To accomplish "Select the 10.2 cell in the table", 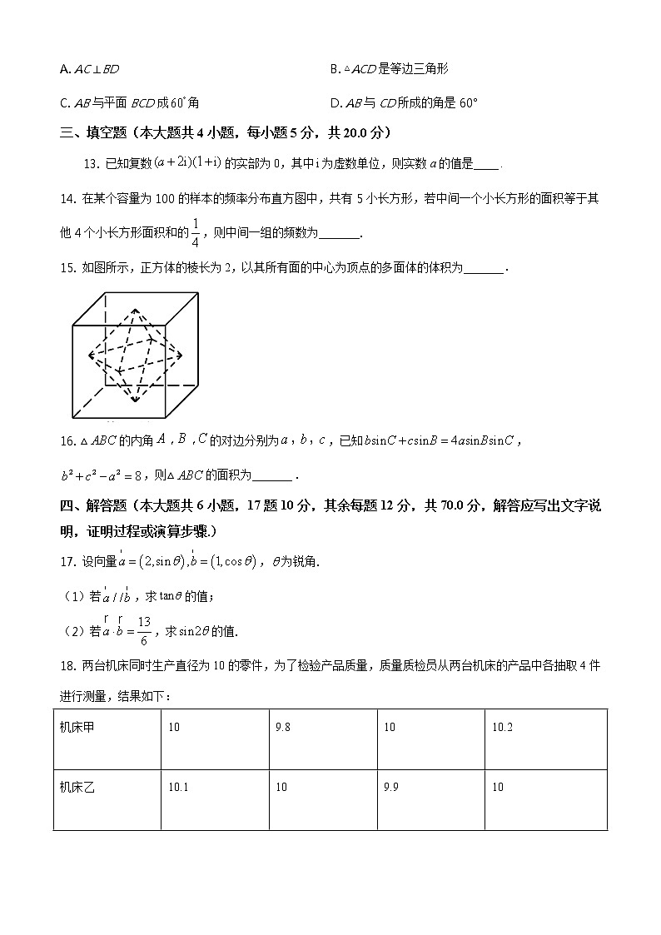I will click(x=502, y=727).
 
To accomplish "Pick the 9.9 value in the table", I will click(x=391, y=787).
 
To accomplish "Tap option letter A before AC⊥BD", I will click(x=64, y=69).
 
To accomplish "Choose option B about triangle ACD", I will click(x=334, y=69).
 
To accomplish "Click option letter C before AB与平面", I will click(x=64, y=103).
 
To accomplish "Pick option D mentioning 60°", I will click(x=335, y=103).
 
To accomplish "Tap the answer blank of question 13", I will click(x=486, y=164).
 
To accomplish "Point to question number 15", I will click(x=67, y=267).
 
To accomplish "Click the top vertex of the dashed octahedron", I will click(x=136, y=307).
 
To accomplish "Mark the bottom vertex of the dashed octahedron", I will click(x=136, y=400).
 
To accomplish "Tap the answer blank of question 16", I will click(x=271, y=476).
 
